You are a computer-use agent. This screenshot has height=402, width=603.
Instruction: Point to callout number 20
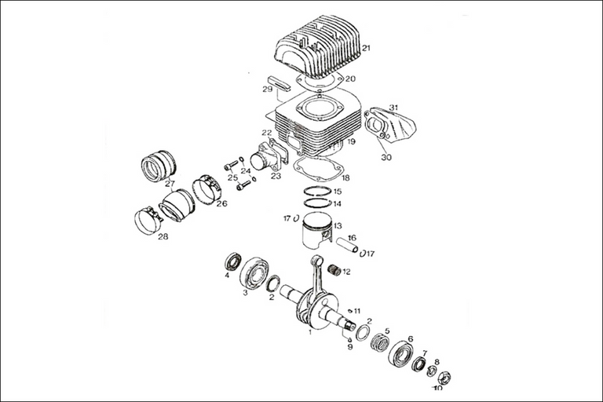350,79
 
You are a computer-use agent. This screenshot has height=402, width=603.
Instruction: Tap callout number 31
394,108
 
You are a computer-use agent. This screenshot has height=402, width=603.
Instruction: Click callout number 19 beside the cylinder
352,142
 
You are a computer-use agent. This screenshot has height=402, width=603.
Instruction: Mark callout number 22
267,133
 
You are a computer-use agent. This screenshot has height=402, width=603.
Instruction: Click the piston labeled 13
317,233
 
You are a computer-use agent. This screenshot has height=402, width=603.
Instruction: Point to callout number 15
338,192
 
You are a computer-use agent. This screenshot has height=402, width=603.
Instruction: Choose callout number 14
338,203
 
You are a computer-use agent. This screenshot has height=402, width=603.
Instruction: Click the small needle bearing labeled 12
334,271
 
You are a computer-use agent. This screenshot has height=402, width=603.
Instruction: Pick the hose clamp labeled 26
207,188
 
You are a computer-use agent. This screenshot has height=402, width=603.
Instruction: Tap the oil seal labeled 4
233,261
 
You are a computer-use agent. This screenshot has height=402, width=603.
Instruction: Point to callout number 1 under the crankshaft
309,332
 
